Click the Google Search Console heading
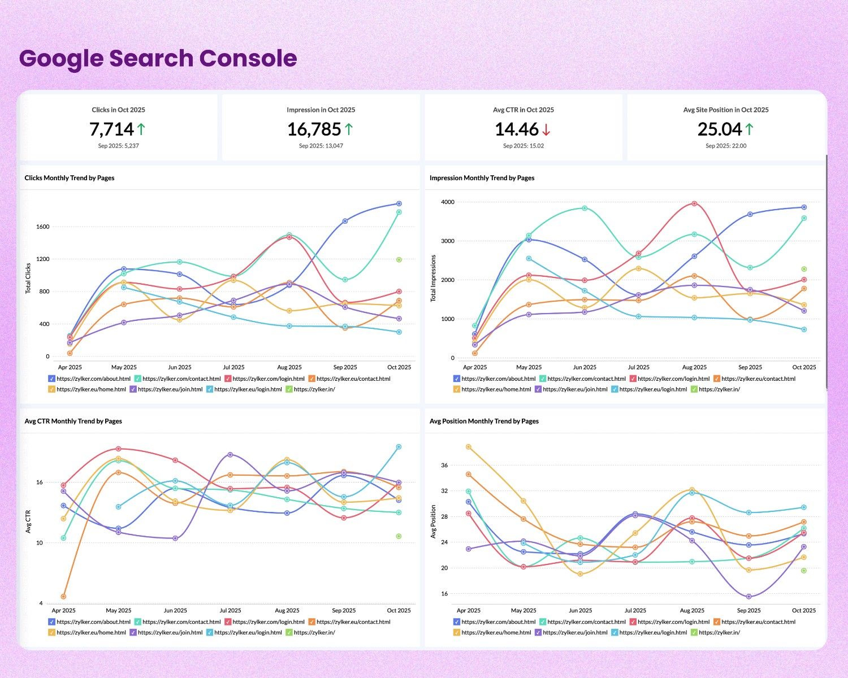click(x=158, y=59)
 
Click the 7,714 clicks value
click(x=111, y=129)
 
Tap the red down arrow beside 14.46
click(x=546, y=130)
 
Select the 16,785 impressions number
click(x=314, y=129)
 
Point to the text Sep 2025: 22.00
click(x=726, y=146)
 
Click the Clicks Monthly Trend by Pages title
click(x=70, y=178)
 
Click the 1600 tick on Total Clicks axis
click(x=43, y=227)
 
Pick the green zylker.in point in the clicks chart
click(x=399, y=260)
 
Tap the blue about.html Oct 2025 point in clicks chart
click(x=399, y=203)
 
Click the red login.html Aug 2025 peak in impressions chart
click(x=694, y=203)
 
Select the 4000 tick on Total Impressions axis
click(x=448, y=202)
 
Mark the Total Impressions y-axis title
click(x=434, y=278)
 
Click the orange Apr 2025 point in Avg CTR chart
click(x=63, y=597)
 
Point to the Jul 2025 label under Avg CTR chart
click(x=230, y=611)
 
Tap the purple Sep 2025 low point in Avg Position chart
click(x=749, y=597)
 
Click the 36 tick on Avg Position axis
click(x=444, y=466)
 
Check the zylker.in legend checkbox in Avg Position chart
click(x=694, y=632)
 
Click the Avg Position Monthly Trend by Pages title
click(x=484, y=421)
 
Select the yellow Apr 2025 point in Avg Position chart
click(x=468, y=447)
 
